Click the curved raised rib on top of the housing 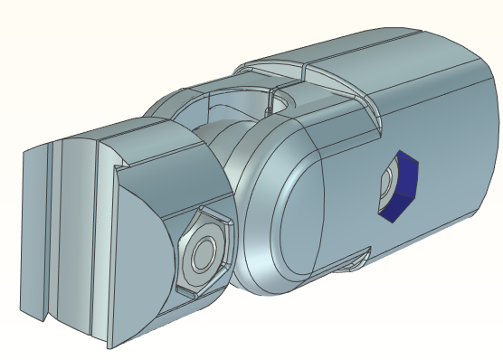point(271,66)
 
